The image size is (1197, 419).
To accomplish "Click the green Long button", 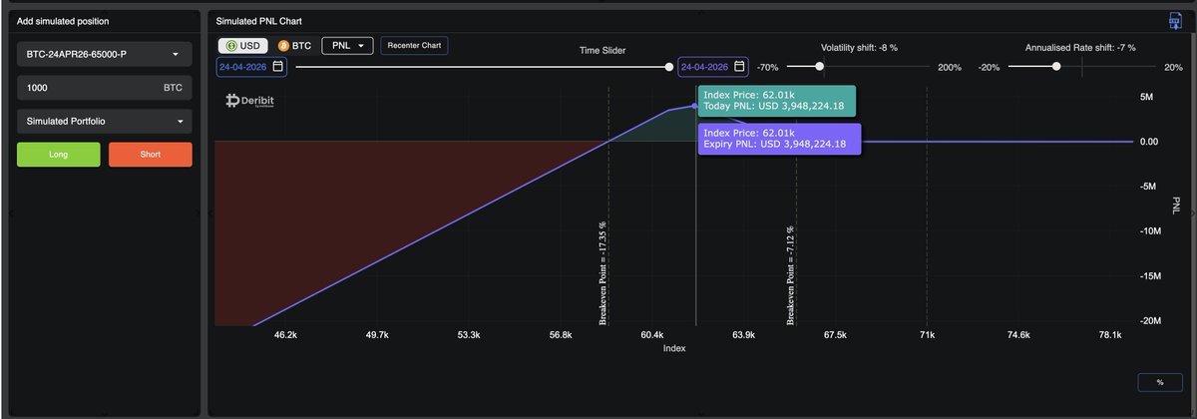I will (x=59, y=155).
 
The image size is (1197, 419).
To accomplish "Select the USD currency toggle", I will (x=243, y=46).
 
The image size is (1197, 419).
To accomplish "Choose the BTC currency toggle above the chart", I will (x=296, y=46).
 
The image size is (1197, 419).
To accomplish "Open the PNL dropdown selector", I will (x=346, y=46).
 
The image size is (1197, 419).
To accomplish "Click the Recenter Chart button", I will (x=414, y=46).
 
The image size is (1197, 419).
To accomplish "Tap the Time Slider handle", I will (x=669, y=67).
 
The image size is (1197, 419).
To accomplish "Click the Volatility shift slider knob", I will (x=820, y=67).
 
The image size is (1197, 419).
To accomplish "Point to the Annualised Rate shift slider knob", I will (x=1056, y=67).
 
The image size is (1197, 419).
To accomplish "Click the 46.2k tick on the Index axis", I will (x=285, y=335).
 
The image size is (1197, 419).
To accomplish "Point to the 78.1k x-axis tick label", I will (x=1109, y=335).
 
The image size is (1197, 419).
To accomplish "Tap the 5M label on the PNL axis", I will (x=1146, y=97).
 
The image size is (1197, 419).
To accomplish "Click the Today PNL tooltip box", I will (x=774, y=100).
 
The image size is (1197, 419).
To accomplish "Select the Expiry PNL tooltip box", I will (x=777, y=138).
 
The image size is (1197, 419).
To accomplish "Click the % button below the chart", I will (x=1159, y=382).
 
